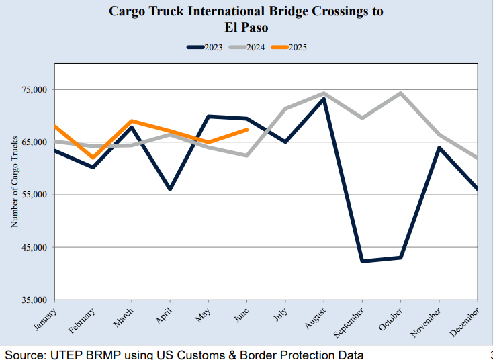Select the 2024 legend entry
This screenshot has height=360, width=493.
[x=245, y=47]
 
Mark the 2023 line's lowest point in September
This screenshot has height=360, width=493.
[x=362, y=261]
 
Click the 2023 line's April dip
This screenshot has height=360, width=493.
[x=170, y=189]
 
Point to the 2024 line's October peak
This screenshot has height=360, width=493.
[x=401, y=93]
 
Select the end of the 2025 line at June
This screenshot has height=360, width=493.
[x=247, y=130]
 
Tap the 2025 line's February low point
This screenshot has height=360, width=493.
[x=93, y=158]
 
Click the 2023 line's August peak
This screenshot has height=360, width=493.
[x=324, y=99]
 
